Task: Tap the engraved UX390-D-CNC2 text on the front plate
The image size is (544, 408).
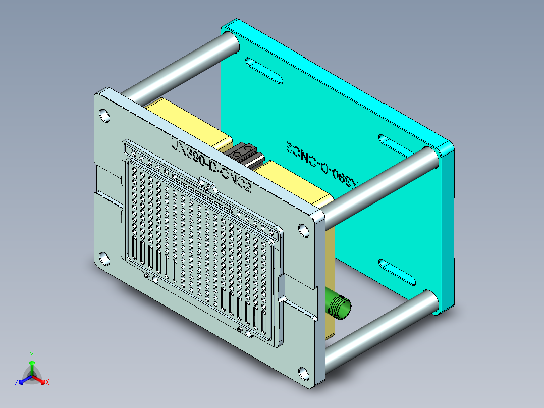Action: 211,166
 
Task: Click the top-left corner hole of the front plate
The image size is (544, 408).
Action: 104,115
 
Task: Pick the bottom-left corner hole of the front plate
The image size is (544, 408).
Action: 104,259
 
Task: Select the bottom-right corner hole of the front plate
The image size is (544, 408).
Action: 303,374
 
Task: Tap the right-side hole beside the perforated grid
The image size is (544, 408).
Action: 304,230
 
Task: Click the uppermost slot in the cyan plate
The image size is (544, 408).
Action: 263,70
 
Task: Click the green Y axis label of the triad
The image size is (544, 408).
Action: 31,354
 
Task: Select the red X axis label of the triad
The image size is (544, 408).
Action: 47,383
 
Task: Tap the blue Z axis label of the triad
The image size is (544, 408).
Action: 17,383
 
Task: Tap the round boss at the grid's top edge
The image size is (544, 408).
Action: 202,182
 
